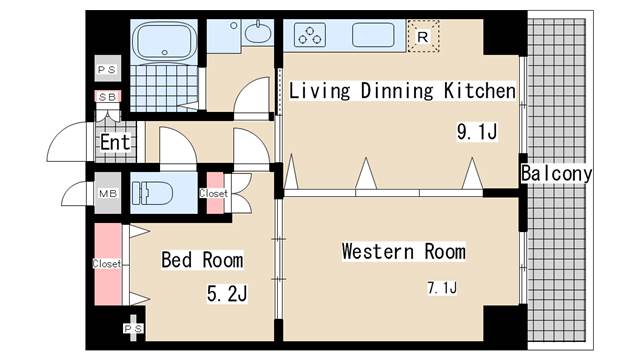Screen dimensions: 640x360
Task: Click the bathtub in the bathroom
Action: click(x=164, y=40)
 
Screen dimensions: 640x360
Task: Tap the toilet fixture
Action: click(x=151, y=193)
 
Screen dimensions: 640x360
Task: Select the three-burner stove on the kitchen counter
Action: click(x=310, y=35)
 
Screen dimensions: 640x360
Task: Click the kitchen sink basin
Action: click(x=373, y=35)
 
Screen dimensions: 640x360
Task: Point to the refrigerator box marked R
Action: click(x=423, y=36)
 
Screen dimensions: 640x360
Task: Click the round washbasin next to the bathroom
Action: click(x=258, y=32)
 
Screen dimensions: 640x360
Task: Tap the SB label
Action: click(x=108, y=97)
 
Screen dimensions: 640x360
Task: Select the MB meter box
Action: click(x=108, y=193)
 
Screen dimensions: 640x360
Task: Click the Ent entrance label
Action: click(x=115, y=142)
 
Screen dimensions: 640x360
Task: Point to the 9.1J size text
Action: click(x=477, y=132)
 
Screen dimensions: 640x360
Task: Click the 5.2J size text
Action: click(x=227, y=293)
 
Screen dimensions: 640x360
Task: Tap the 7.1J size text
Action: click(x=442, y=288)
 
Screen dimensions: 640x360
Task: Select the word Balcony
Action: click(x=556, y=173)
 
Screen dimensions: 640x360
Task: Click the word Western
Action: click(x=378, y=251)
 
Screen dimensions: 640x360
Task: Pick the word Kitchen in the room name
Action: click(x=480, y=91)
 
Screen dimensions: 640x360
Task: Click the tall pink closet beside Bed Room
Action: click(x=108, y=264)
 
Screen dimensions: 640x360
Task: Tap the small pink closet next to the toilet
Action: click(x=215, y=193)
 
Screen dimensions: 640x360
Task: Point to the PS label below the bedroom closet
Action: click(x=133, y=329)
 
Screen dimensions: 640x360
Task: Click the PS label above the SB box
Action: click(x=107, y=70)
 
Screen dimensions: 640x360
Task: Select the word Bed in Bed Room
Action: click(x=176, y=260)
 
